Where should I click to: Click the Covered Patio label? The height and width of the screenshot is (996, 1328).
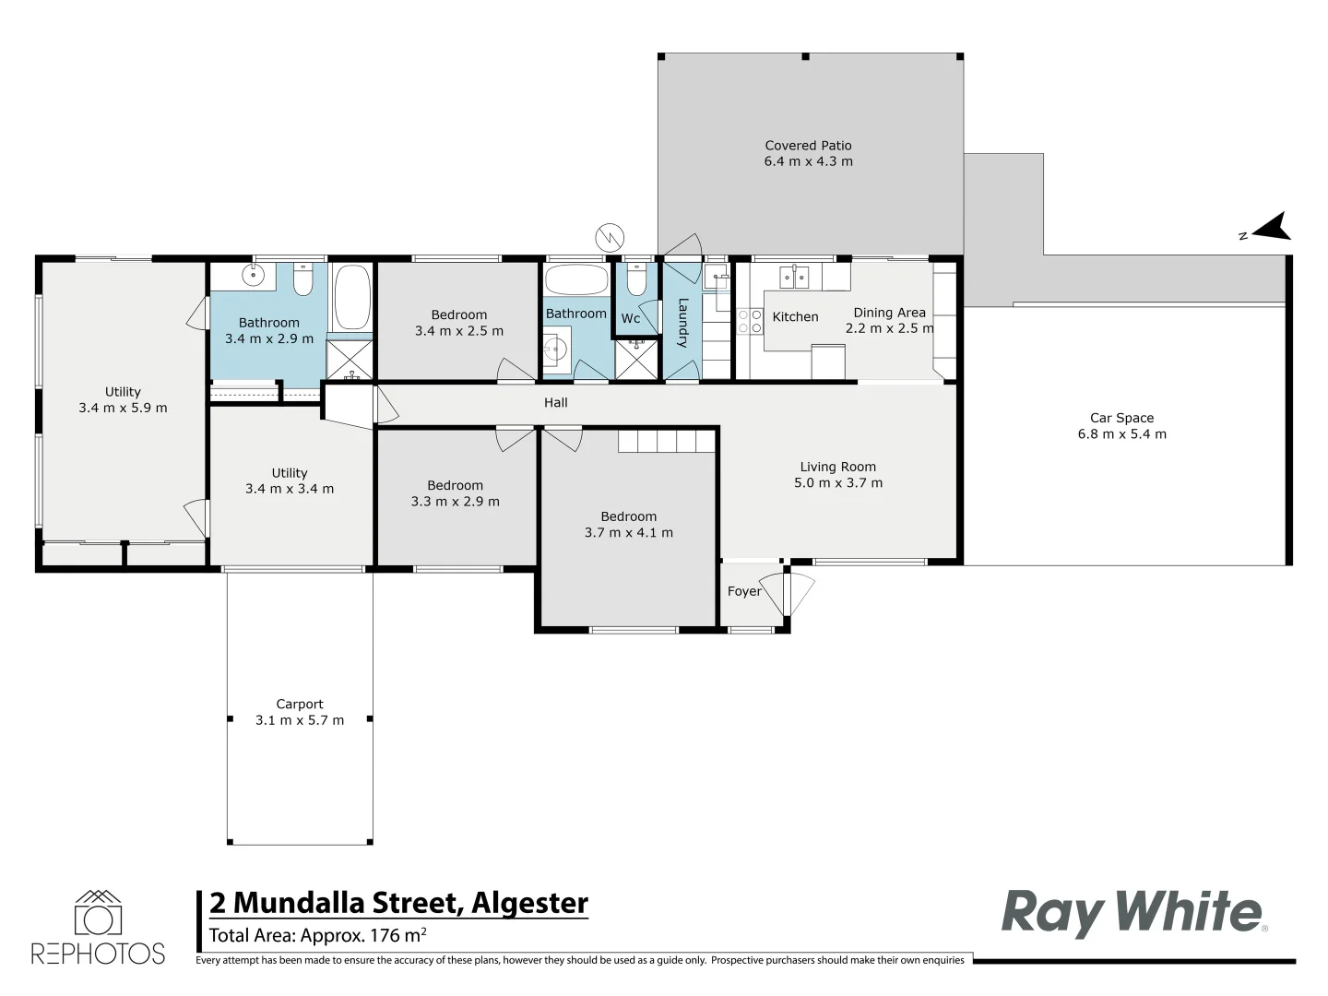pyautogui.click(x=808, y=146)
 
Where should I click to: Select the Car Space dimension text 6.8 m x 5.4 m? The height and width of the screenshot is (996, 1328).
pyautogui.click(x=1121, y=434)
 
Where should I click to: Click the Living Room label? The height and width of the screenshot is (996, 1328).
pyautogui.click(x=837, y=467)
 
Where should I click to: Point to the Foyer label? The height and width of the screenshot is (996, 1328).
pyautogui.click(x=744, y=592)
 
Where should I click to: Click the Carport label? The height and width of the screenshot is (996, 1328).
pyautogui.click(x=300, y=704)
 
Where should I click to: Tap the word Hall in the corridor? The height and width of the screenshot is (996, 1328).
pyautogui.click(x=555, y=403)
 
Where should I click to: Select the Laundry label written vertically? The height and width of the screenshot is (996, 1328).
pyautogui.click(x=683, y=323)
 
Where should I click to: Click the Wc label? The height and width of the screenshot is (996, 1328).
pyautogui.click(x=631, y=319)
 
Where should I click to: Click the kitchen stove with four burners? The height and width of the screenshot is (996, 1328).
pyautogui.click(x=750, y=321)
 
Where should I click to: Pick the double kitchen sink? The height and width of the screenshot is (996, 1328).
pyautogui.click(x=794, y=276)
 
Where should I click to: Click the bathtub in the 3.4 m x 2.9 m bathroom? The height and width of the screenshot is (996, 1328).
pyautogui.click(x=350, y=297)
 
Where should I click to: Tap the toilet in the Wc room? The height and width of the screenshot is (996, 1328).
pyautogui.click(x=635, y=279)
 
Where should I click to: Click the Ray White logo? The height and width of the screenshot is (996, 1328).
pyautogui.click(x=1133, y=912)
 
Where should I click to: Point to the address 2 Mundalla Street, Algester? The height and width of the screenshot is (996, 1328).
pyautogui.click(x=398, y=903)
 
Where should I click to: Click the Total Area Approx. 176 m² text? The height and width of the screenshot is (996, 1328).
pyautogui.click(x=317, y=935)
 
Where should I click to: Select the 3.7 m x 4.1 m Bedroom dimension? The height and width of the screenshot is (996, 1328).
pyautogui.click(x=628, y=533)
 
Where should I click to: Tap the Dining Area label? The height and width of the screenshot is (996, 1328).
pyautogui.click(x=889, y=313)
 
